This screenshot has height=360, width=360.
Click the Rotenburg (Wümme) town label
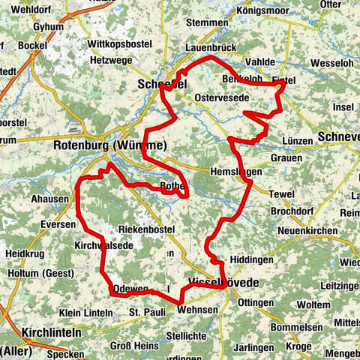(x=109, y=145)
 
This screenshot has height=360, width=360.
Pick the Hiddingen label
(x=251, y=259)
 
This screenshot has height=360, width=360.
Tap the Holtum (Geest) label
(x=29, y=273)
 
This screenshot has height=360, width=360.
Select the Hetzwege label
(x=110, y=59)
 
